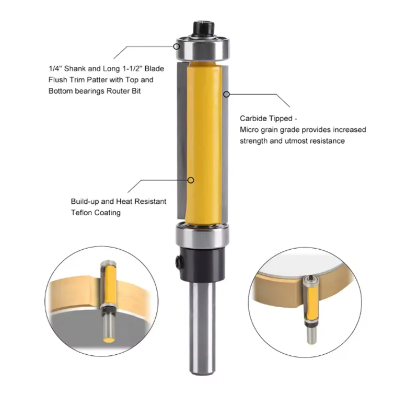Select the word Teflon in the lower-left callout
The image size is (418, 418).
coord(83,213)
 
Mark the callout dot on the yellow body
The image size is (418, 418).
coord(192,180)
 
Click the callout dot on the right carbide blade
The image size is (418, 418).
coord(227,94)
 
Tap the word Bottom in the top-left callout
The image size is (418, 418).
coord(61,90)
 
